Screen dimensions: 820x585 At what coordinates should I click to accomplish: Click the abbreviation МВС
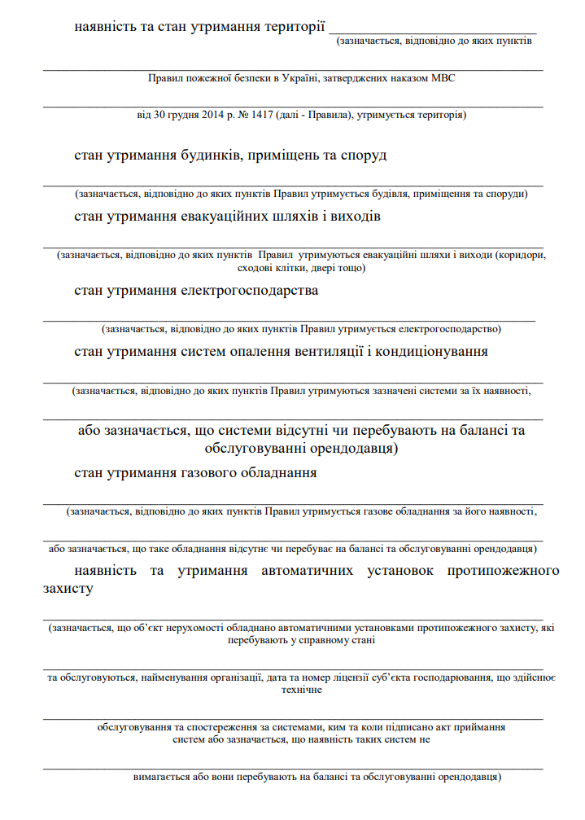[x=443, y=79]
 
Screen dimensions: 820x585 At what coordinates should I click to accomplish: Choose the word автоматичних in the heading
[x=306, y=570]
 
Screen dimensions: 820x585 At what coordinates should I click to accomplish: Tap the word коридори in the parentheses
[x=524, y=255]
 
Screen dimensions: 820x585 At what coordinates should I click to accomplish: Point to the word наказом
[x=404, y=79]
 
